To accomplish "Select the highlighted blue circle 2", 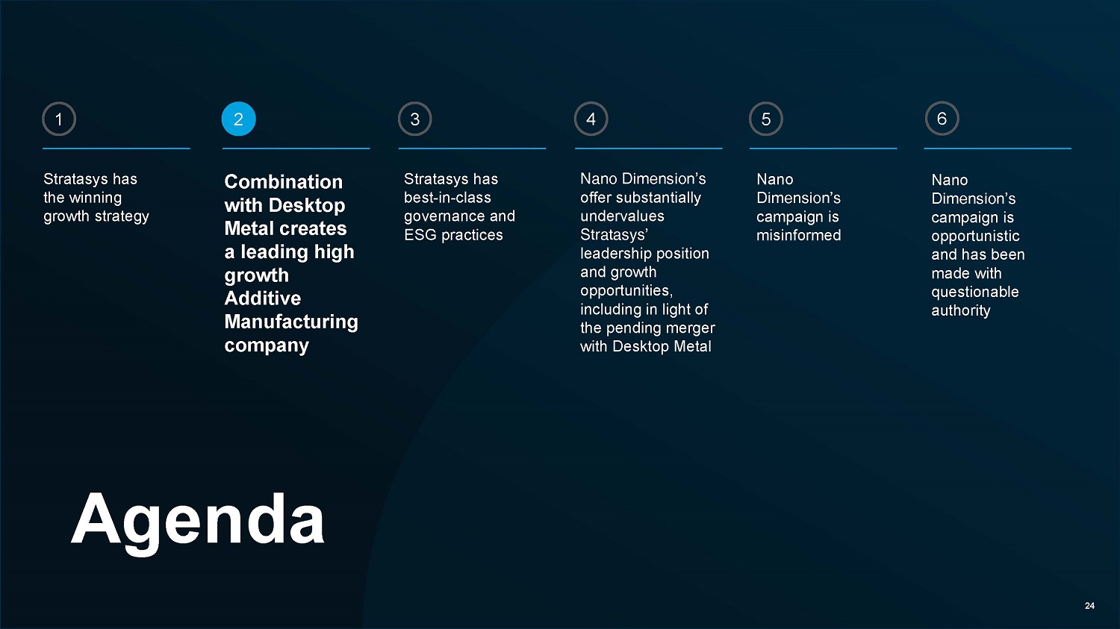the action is click(x=238, y=119).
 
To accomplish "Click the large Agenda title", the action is click(x=198, y=521).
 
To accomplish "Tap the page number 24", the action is click(x=1089, y=606).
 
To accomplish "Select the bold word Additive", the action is click(x=263, y=298).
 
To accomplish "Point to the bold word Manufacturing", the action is click(x=291, y=322).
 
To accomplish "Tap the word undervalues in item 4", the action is click(x=622, y=216).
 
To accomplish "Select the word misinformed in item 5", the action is click(x=798, y=235).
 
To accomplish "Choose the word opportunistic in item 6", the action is click(x=975, y=237).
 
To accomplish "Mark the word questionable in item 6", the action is click(x=975, y=292).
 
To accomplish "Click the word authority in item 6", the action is click(x=960, y=310).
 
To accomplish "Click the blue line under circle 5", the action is click(x=823, y=148).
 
